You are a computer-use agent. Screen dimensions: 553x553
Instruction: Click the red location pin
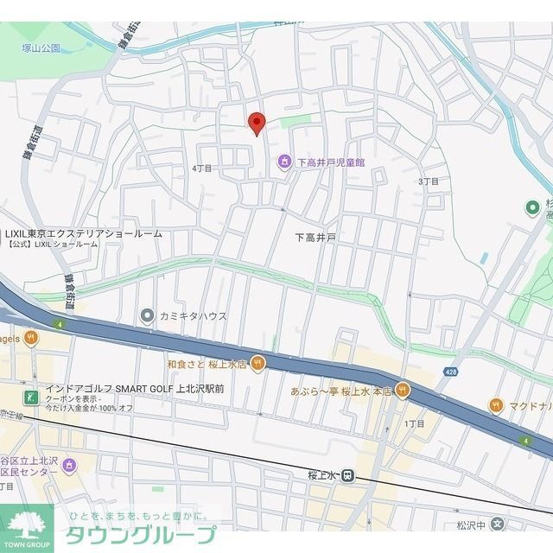[257, 123]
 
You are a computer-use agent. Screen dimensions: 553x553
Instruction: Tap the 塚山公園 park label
[41, 48]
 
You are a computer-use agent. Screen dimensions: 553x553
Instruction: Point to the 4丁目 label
[201, 168]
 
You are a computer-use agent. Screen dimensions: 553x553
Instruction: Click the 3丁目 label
[429, 181]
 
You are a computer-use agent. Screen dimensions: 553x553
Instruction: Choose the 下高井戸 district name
[315, 238]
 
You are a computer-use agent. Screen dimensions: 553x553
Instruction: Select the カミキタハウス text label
[193, 316]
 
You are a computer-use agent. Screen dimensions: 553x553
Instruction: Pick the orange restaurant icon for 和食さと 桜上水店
[257, 364]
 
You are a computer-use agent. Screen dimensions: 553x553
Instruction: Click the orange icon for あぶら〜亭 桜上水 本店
[402, 391]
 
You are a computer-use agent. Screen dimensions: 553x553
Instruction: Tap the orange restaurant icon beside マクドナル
[496, 404]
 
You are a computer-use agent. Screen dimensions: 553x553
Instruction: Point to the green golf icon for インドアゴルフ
[31, 397]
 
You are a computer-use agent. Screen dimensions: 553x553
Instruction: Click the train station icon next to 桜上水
[346, 474]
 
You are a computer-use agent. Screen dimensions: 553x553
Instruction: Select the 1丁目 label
[415, 424]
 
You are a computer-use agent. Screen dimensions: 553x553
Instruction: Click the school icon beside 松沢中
[496, 524]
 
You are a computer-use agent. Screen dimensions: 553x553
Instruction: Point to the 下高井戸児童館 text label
[331, 162]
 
